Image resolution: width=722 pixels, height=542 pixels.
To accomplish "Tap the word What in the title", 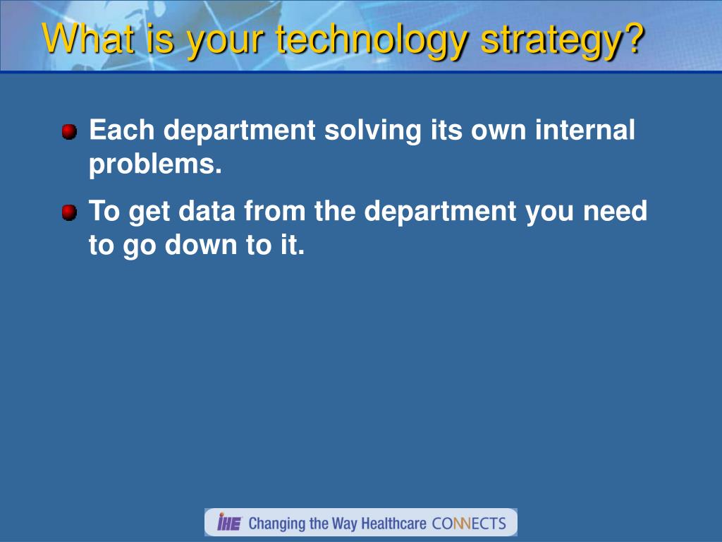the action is pos(88,38).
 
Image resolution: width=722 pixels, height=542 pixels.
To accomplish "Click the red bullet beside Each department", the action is pos(69,132).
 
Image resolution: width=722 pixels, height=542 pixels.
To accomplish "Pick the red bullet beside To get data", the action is pos(69,213).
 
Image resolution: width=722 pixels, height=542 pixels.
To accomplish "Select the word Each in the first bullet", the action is pos(121,130).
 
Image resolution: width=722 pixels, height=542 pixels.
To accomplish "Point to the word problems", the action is pos(155,164).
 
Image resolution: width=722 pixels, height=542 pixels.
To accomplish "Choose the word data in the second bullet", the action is pos(207,211).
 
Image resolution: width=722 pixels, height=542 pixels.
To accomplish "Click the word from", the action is pos(275,211).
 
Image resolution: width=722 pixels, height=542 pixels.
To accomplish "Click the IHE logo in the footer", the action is pos(229,522).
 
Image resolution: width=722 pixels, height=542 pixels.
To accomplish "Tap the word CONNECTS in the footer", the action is pos(469,524).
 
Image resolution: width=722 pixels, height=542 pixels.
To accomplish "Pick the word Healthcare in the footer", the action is pos(393,524).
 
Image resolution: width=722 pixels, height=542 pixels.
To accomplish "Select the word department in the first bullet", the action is pos(240,131).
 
